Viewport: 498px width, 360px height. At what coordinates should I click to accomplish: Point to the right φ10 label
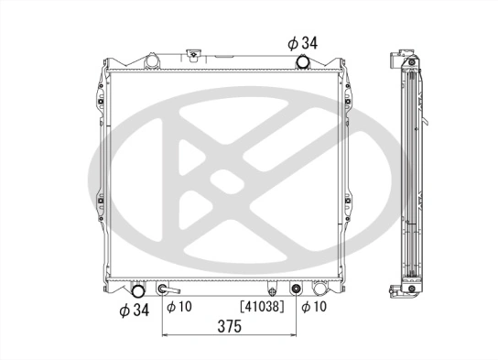316,306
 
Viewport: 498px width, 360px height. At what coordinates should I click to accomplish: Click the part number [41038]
261,306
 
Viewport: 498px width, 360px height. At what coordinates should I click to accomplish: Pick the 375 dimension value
230,328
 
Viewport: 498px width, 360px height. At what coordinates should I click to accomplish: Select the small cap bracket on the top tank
195,56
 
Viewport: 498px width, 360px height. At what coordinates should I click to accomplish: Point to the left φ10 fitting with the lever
165,290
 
